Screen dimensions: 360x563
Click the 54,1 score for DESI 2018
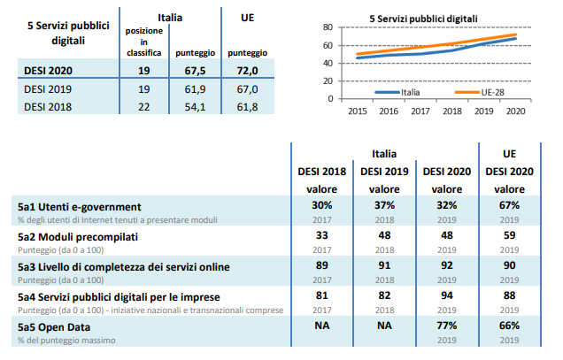point(193,107)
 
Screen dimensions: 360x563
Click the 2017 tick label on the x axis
point(420,111)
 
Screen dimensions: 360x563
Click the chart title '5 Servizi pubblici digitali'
point(424,17)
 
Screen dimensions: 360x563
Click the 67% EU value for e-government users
point(509,206)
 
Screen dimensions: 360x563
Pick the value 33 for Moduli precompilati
point(322,237)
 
